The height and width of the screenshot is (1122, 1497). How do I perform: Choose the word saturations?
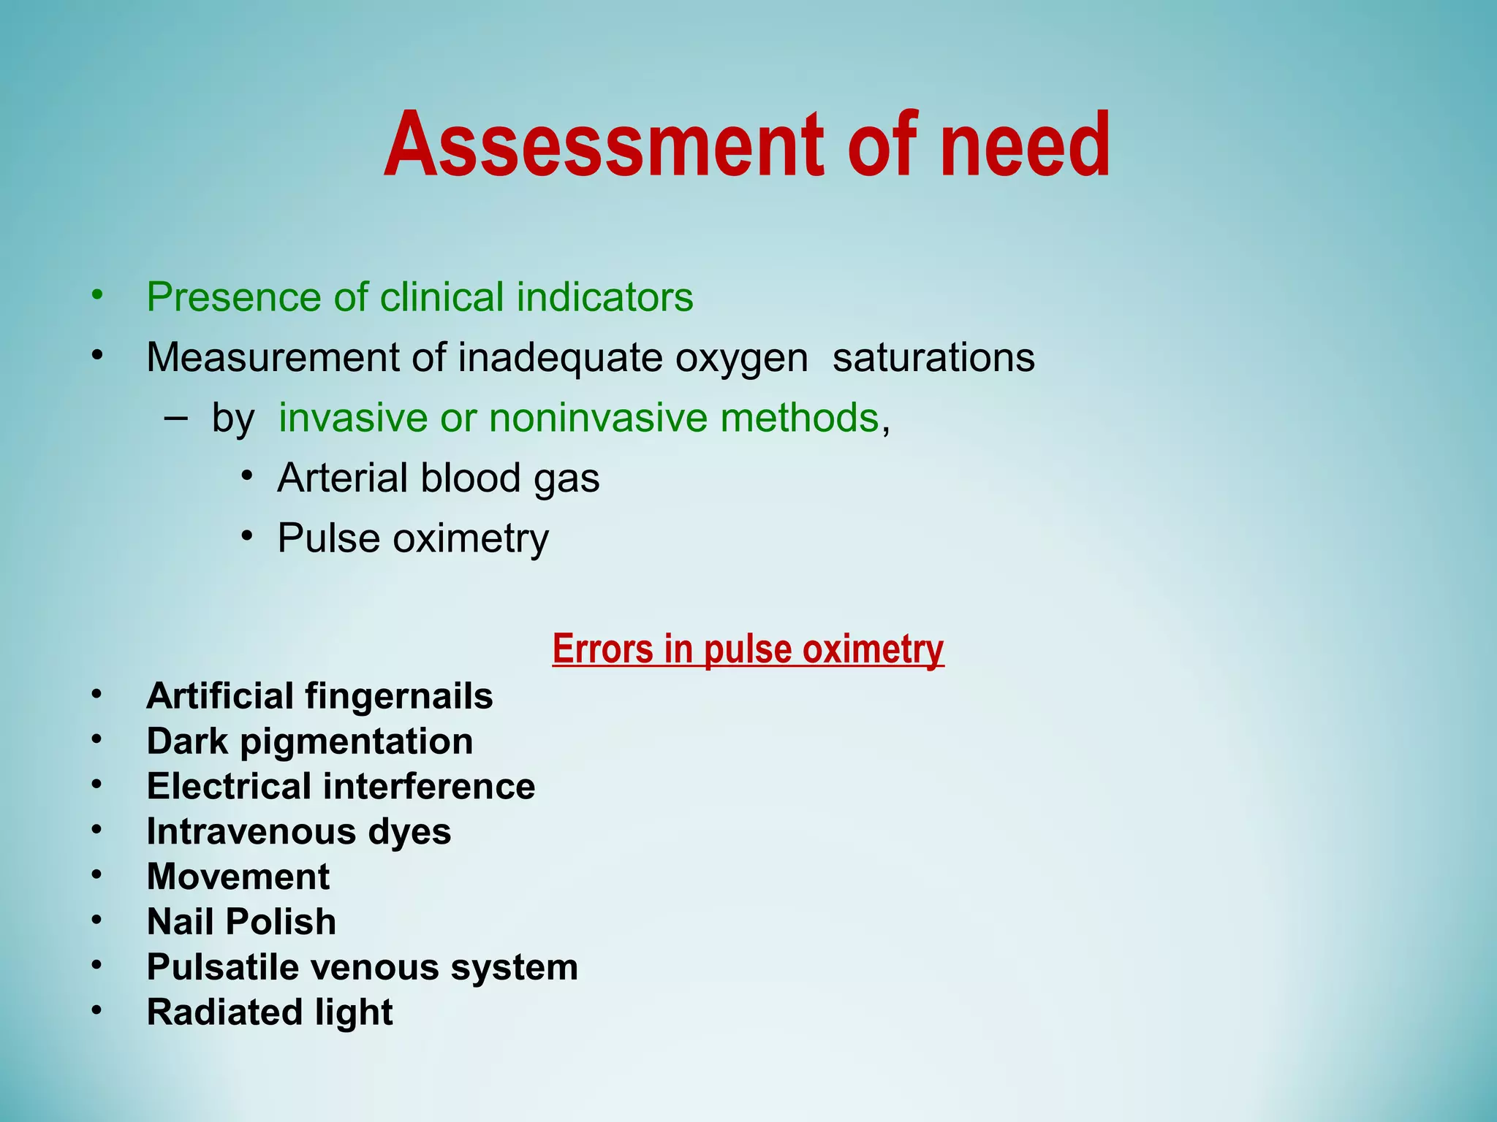click(933, 358)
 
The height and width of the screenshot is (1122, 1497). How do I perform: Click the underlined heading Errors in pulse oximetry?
click(748, 649)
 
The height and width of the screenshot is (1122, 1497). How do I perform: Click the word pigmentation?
click(356, 741)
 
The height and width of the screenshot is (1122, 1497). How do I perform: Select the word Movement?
click(238, 877)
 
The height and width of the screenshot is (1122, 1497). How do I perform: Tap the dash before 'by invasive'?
click(175, 418)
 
